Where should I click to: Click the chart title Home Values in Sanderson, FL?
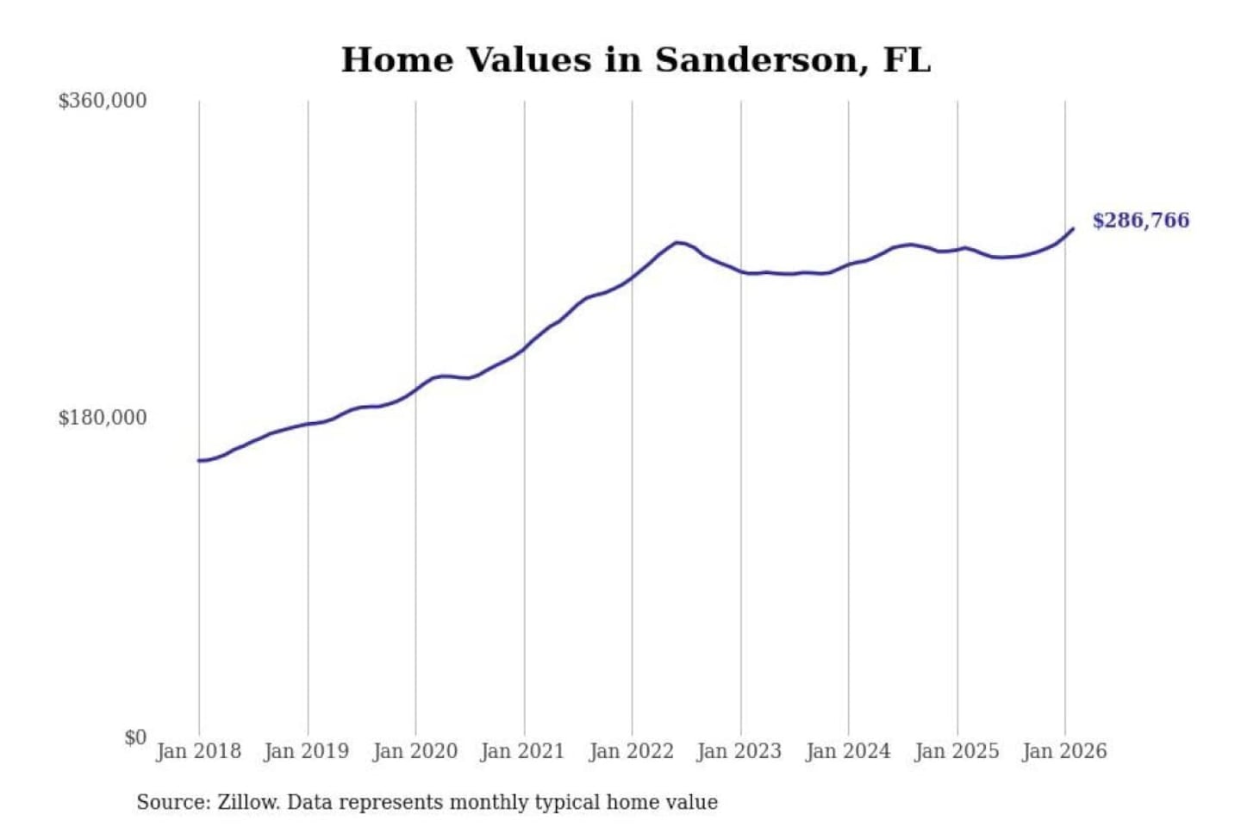tap(635, 60)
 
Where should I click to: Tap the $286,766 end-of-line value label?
tap(1140, 221)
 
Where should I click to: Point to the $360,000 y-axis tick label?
tap(103, 101)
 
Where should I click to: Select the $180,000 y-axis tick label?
tap(103, 418)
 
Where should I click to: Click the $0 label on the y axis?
tap(135, 737)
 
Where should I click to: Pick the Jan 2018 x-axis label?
tap(199, 751)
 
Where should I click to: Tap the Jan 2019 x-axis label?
tap(307, 751)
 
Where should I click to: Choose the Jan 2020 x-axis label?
tap(415, 751)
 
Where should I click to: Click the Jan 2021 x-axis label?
tap(522, 751)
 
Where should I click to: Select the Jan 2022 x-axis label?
tap(631, 751)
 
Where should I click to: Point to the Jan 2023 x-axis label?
tap(739, 751)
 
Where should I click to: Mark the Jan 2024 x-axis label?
tap(847, 751)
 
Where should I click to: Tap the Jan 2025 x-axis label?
tap(956, 751)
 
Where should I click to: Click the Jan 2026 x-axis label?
tap(1063, 751)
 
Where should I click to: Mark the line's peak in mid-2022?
tap(678, 243)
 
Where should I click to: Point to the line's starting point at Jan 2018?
tap(200, 461)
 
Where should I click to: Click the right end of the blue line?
tap(1073, 228)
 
